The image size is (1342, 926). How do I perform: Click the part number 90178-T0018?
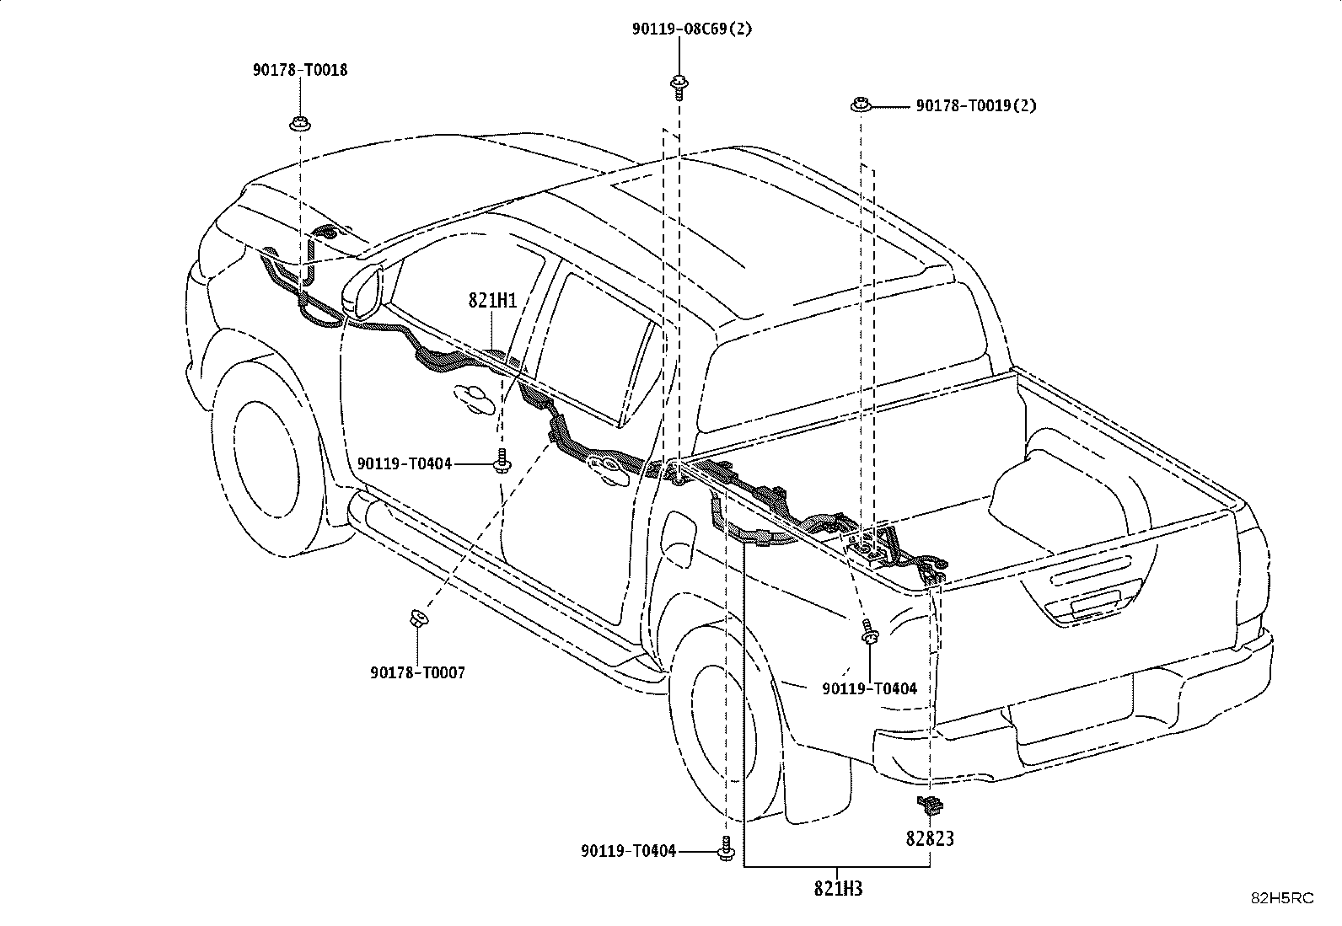point(299,70)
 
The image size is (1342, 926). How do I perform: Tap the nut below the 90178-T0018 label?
point(299,124)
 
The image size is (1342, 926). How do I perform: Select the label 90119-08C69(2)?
point(692,29)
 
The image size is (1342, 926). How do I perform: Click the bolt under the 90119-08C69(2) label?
point(679,88)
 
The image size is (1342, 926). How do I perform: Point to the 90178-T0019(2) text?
point(976,105)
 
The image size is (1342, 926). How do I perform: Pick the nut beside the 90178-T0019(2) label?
point(861,104)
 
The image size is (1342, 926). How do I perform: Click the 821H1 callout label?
point(492,301)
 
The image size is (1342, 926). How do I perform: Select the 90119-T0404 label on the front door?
point(405,463)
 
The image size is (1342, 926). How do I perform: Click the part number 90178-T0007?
point(417,672)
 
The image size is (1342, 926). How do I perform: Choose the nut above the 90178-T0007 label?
point(417,618)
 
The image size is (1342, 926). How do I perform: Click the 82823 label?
point(930,838)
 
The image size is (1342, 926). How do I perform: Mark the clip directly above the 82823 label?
point(929,805)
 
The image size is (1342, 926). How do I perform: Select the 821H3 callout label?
point(838,889)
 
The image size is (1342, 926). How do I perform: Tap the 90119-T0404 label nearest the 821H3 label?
point(629,850)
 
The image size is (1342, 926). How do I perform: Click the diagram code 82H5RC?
point(1282,898)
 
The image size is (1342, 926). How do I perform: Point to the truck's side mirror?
point(362,293)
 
